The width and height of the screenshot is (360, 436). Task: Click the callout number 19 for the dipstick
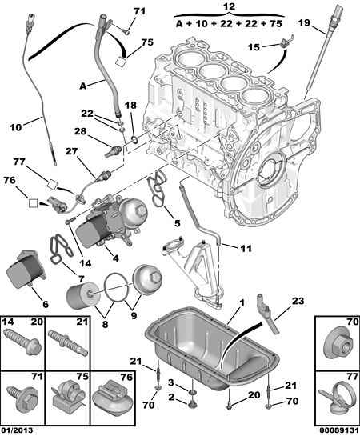coord(304,22)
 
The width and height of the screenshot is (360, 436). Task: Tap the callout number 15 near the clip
coord(254,47)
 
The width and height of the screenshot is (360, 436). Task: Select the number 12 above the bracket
coord(230,6)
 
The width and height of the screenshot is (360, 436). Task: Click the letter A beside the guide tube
coord(83,86)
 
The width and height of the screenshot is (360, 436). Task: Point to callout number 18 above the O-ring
coord(130,106)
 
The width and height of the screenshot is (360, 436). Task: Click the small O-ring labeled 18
coord(135,139)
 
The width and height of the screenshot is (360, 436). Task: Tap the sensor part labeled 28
coord(114,150)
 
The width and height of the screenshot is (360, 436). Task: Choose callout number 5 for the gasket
coord(178,222)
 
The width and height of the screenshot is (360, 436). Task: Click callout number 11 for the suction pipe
coord(246,248)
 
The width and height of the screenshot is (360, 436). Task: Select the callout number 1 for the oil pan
coord(242,302)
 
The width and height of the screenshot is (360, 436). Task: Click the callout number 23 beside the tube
coord(298,301)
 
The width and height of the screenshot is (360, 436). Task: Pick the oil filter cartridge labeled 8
coord(81,295)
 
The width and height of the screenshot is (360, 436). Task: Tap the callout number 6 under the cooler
coord(46,304)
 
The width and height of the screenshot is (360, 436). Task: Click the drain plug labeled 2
coord(191,403)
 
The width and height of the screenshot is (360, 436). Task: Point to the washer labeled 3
coord(191,392)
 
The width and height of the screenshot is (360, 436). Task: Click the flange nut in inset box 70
coord(338,342)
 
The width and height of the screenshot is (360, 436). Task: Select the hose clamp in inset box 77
coord(337,399)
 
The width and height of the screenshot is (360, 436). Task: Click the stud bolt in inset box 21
coord(68,342)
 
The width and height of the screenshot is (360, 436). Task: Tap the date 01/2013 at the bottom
coord(17,430)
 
